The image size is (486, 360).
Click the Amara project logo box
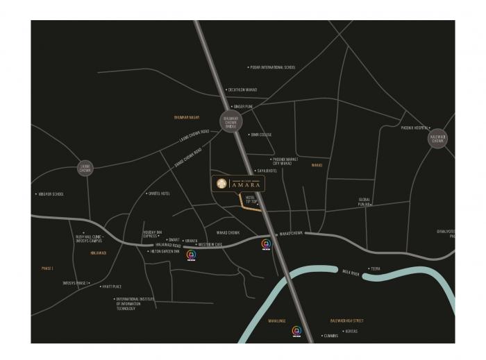tap(238, 183)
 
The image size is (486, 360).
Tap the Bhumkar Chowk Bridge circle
tap(230, 122)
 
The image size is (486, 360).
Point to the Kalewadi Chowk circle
tap(438, 139)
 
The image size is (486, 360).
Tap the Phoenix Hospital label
tap(414, 128)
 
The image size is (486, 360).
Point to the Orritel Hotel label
tap(159, 194)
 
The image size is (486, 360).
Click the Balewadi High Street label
tap(346, 320)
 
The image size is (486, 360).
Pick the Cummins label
tap(330, 336)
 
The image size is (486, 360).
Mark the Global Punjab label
tap(364, 202)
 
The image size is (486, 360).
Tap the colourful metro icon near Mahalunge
tap(296, 331)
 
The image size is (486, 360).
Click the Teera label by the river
tap(376, 268)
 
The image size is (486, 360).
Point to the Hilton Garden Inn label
tap(165, 251)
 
